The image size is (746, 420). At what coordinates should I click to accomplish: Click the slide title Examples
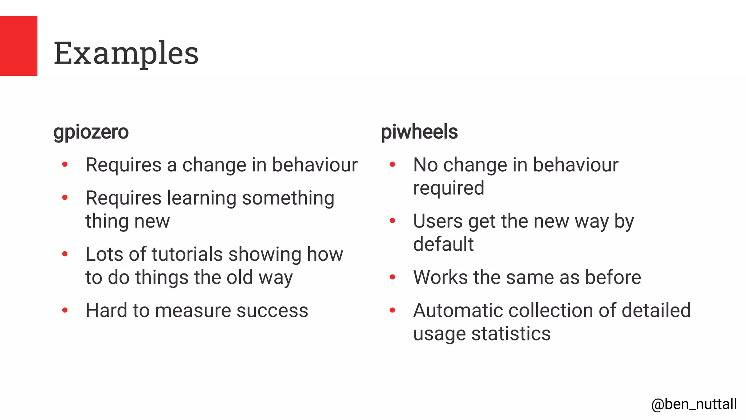[126, 53]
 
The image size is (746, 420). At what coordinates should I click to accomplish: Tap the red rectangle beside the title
[18, 46]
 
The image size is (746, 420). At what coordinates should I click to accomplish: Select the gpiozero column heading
[91, 132]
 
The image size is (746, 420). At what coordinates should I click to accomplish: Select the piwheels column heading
[419, 132]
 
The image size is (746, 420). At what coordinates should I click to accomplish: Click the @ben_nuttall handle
[694, 404]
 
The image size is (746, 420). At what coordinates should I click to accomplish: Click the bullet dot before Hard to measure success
[65, 311]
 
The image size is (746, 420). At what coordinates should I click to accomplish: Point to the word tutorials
[187, 254]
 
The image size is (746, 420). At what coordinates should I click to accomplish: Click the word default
[443, 244]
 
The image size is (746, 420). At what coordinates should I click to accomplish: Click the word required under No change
[448, 188]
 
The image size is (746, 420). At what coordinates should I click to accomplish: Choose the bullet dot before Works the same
[392, 277]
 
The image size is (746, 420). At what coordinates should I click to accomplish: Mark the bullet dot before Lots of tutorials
[65, 254]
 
